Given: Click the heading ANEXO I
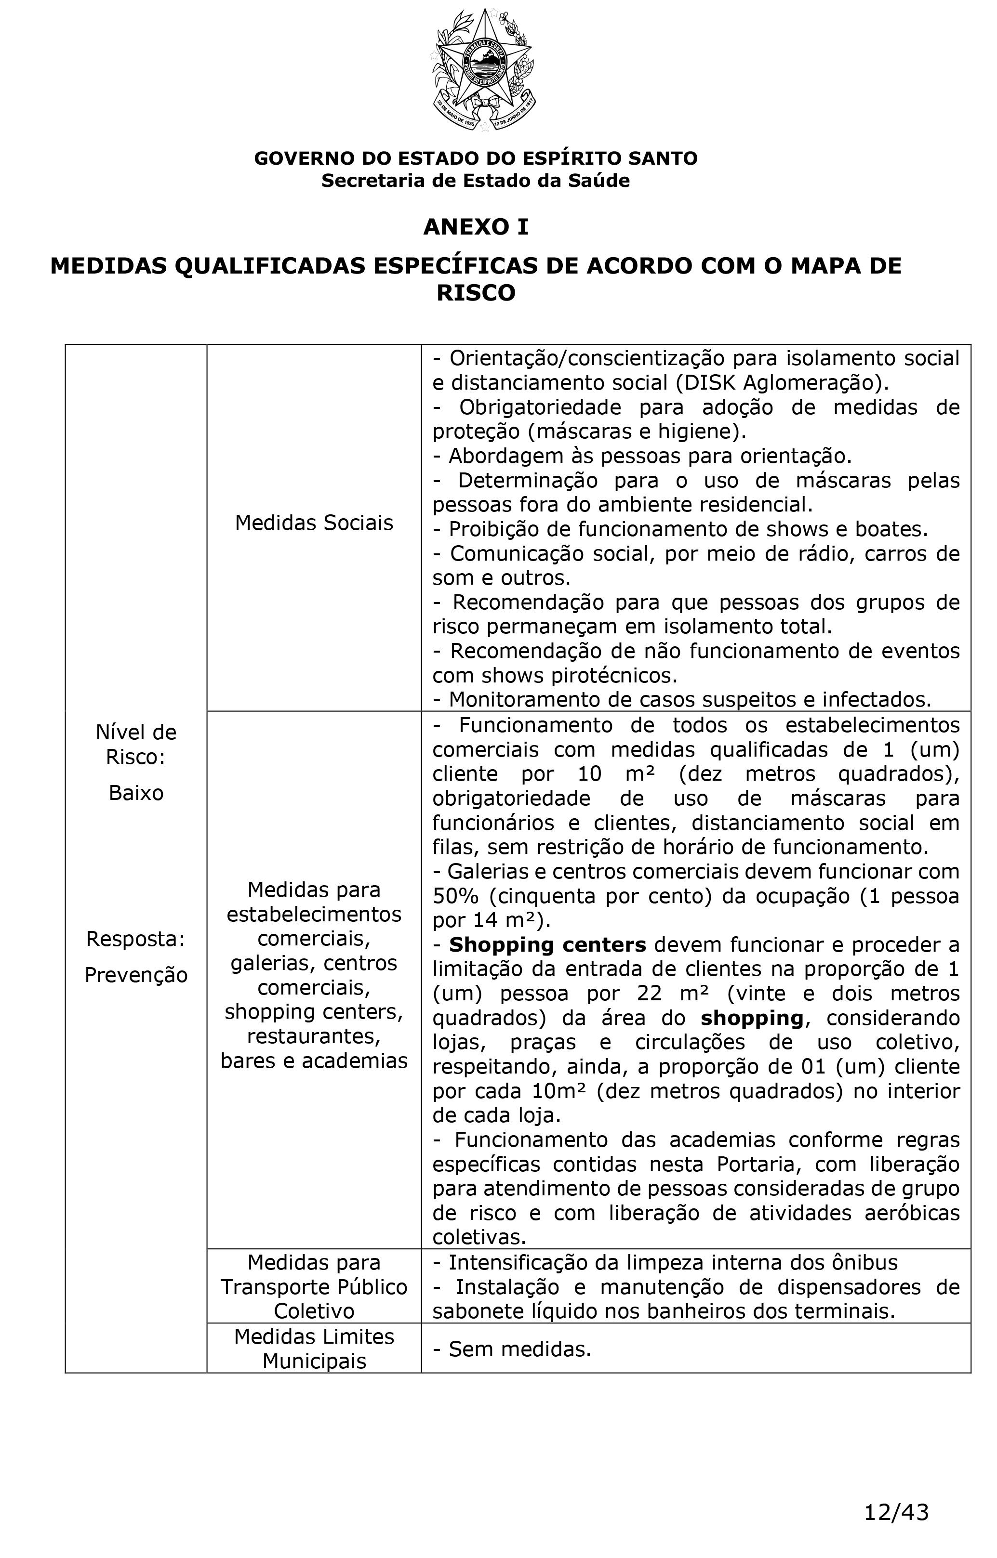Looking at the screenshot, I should coord(476,227).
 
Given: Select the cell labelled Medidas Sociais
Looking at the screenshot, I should coord(314,523).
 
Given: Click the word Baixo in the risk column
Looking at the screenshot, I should coord(136,793).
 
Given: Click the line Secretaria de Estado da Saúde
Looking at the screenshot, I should coord(476,181).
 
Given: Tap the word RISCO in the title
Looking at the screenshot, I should coord(476,293).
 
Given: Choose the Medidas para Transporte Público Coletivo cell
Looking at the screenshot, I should coord(314,1286).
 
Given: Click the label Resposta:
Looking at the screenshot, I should coord(136,939).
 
